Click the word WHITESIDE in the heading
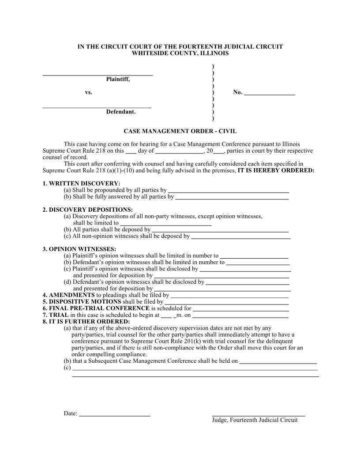[x=149, y=53]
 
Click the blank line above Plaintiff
[x=97, y=75]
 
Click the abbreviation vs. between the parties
[x=88, y=93]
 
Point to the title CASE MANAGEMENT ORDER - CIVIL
[x=180, y=131]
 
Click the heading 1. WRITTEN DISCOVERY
[x=81, y=184]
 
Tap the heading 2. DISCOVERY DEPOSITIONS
[x=87, y=210]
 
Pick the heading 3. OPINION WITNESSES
[x=79, y=249]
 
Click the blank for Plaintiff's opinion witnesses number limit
[x=254, y=256]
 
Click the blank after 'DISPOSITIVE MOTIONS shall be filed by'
[x=227, y=304]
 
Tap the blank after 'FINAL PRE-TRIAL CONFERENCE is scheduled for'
[x=241, y=310]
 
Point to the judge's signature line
[x=258, y=415]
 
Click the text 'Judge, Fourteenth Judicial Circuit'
[x=255, y=420]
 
